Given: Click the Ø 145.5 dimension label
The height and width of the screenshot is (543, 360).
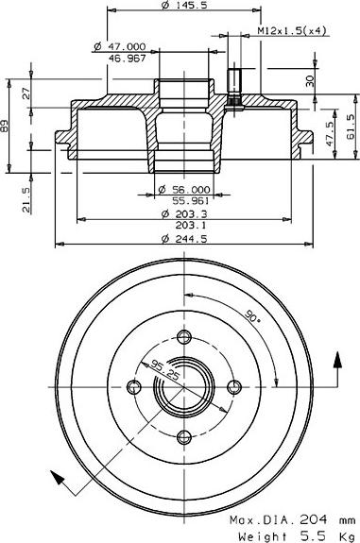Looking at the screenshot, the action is pyautogui.click(x=184, y=5).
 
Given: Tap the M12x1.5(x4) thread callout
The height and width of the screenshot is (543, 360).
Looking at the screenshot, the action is pyautogui.click(x=292, y=30).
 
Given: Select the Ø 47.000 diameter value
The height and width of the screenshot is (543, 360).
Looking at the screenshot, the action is pyautogui.click(x=120, y=46).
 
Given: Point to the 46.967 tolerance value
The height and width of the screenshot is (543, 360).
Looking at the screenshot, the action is pyautogui.click(x=128, y=58).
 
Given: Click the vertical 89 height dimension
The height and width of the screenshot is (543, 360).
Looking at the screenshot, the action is pyautogui.click(x=5, y=126).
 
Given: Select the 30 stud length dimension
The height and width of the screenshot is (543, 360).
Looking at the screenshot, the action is pyautogui.click(x=310, y=81).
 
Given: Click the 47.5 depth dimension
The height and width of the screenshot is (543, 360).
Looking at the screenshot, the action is pyautogui.click(x=330, y=133).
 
